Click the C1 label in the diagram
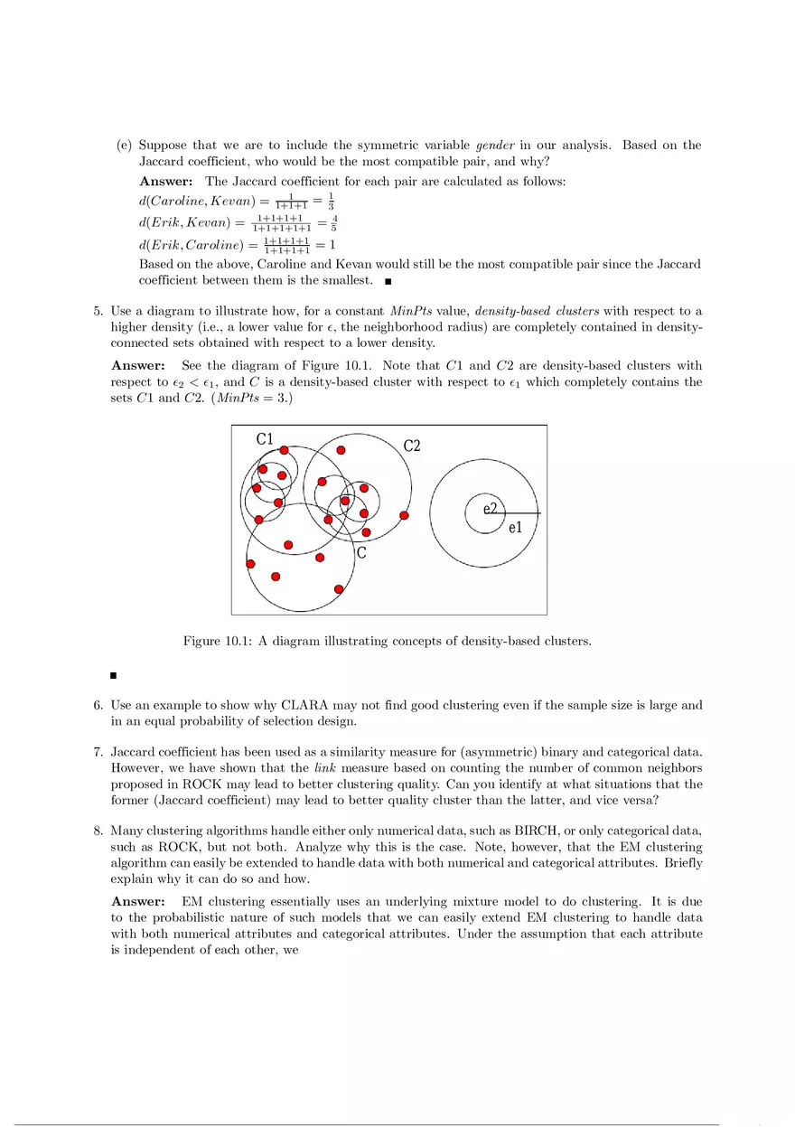[x=265, y=439]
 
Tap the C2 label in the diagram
[x=411, y=446]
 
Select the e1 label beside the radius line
[x=515, y=528]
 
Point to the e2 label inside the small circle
[x=490, y=509]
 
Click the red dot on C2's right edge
[x=404, y=515]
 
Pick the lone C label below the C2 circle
[x=361, y=552]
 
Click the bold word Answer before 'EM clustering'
[x=138, y=902]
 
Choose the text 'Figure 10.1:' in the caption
[x=218, y=642]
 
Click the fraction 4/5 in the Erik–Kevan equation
[x=334, y=222]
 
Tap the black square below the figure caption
[x=114, y=674]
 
